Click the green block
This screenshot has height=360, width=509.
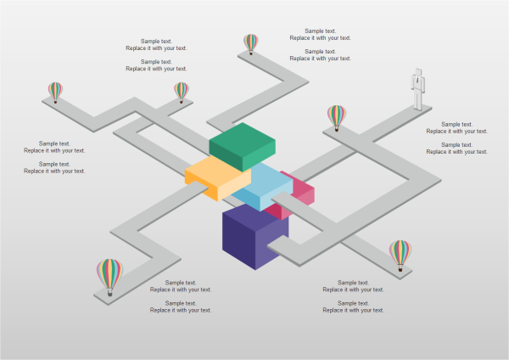pyautogui.click(x=243, y=146)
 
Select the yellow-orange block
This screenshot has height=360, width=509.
pyautogui.click(x=218, y=176)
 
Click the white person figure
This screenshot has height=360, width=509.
pyautogui.click(x=417, y=87)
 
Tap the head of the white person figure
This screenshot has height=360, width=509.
pyautogui.click(x=417, y=72)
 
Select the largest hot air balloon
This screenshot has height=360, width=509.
pyautogui.click(x=109, y=273)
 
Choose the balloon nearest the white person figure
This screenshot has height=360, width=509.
pyautogui.click(x=337, y=115)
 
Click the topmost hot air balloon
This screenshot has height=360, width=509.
pyautogui.click(x=251, y=42)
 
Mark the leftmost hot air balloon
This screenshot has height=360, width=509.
pyautogui.click(x=55, y=90)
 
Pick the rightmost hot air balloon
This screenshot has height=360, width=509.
pyautogui.click(x=400, y=252)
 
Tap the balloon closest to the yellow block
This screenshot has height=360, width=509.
pyautogui.click(x=182, y=90)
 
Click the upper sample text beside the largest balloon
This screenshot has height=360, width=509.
pyautogui.click(x=181, y=286)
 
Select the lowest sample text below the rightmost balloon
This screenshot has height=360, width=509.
pyautogui.click(x=353, y=307)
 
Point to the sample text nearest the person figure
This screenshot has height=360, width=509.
pyautogui.click(x=456, y=127)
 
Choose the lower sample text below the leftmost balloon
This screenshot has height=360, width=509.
pyautogui.click(x=54, y=167)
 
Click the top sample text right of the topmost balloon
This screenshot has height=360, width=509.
pyautogui.click(x=320, y=34)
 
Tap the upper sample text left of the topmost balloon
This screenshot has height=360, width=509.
pyautogui.click(x=156, y=44)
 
